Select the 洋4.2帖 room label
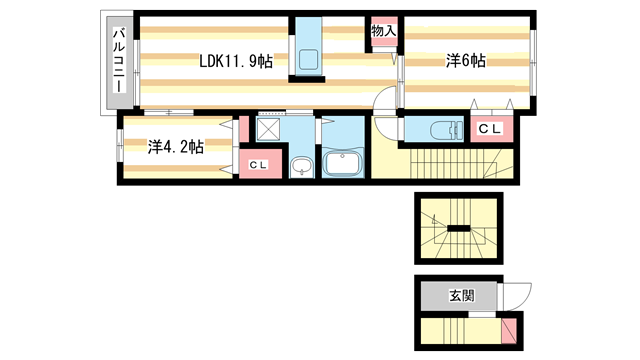coord(176,147)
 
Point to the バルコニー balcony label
coord(118,62)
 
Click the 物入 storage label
coord(384,31)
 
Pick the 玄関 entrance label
coord(460,296)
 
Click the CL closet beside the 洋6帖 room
coord(489,128)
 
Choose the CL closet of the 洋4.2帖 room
coord(258,164)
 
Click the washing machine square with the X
coord(268,128)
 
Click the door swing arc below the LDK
coord(386,100)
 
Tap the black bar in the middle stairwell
coord(459,229)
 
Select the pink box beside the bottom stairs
coord(510,329)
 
